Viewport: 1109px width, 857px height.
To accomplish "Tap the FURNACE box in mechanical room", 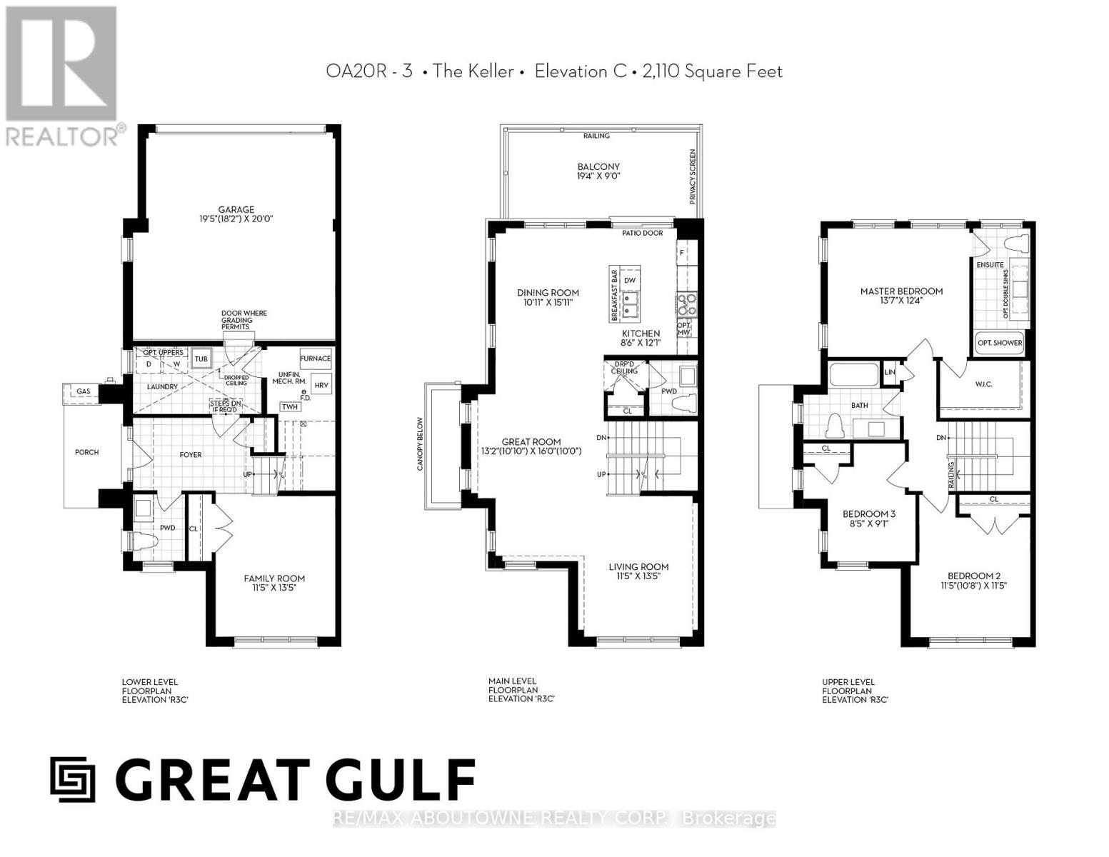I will pos(315,359).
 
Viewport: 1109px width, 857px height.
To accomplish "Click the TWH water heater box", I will pos(289,406).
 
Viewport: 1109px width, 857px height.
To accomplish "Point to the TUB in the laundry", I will pos(201,359).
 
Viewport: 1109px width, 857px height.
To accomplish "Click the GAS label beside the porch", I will pos(84,391).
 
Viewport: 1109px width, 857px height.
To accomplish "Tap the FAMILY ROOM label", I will pos(274,578).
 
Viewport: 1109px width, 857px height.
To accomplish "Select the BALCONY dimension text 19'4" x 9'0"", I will pos(598,176).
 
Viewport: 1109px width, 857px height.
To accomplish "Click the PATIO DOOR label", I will pos(642,233).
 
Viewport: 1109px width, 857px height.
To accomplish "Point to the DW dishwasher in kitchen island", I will pos(629,280).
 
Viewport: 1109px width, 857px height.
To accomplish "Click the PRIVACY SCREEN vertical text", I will pos(693,176).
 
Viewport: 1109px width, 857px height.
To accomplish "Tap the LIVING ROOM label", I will pos(638,567).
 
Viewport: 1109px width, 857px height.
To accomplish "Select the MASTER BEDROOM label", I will pos(901,291).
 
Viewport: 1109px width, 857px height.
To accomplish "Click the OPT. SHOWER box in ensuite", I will pos(999,343).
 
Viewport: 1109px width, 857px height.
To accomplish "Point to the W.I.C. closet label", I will pos(983,384).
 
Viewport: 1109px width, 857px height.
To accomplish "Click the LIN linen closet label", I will pos(890,373).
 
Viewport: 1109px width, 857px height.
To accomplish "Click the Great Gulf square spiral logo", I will pos(73,779).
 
